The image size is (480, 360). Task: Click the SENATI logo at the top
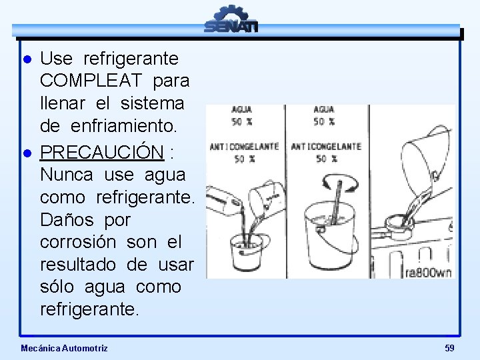point(231,19)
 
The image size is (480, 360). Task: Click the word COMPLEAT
point(91,81)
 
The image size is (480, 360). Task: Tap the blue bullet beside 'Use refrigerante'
point(27,59)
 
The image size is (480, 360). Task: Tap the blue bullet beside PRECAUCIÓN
point(27,153)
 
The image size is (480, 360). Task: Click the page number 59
point(449,348)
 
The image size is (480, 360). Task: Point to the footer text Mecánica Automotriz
point(64,348)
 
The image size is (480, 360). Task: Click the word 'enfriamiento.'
point(124,125)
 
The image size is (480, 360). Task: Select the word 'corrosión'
point(78,242)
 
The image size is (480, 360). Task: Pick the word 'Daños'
point(67,219)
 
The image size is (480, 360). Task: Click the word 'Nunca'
point(67,175)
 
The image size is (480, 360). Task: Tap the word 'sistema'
point(152,103)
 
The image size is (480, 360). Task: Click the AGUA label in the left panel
point(242,109)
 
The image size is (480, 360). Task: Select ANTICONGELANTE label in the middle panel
point(326,147)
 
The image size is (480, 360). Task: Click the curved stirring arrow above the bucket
point(340,183)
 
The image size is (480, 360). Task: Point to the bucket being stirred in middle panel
point(330,236)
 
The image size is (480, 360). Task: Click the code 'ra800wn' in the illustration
point(428,273)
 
